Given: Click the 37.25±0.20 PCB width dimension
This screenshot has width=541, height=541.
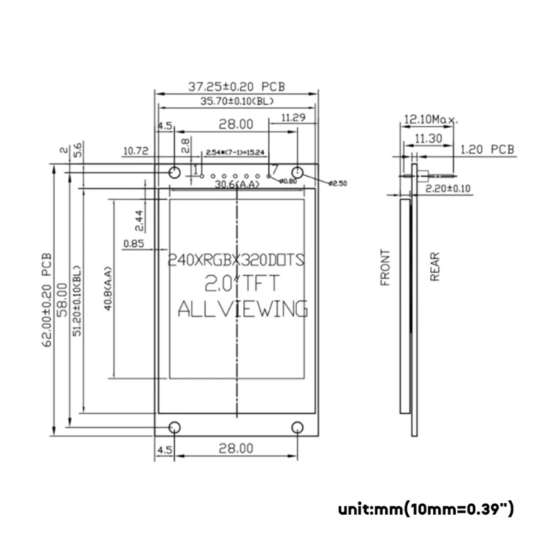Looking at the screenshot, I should pos(236,87).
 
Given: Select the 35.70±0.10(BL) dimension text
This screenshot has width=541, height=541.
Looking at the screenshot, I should pos(236,101).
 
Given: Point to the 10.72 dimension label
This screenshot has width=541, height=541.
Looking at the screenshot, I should pos(135,151).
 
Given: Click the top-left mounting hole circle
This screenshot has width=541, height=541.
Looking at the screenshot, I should pos(174,170).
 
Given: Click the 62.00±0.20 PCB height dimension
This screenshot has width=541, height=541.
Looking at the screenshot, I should pos(46,299).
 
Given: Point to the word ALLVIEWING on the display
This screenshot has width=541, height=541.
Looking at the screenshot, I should pos(242,309).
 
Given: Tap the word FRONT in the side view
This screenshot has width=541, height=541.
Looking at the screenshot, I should pos(385,268).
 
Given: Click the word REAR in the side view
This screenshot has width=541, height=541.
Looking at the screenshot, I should pos(434,267).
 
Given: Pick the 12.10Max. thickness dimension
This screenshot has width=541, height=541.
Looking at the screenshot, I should pos(430,120).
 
